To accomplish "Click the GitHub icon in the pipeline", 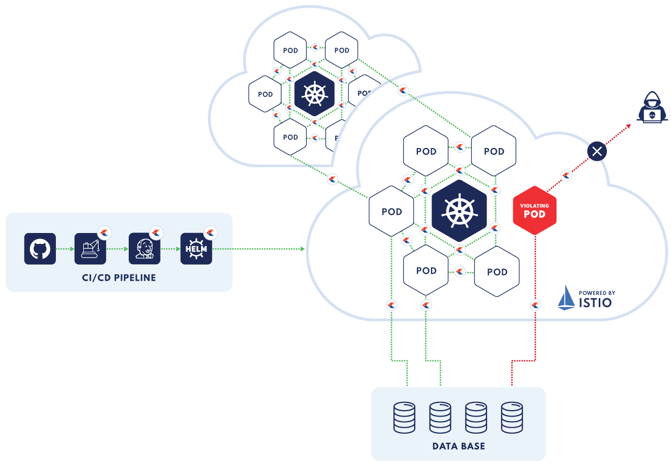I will pyautogui.click(x=40, y=249).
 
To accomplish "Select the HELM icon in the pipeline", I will pyautogui.click(x=196, y=249).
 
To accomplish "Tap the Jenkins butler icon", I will pyautogui.click(x=144, y=249).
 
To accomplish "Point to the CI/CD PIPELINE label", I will pyautogui.click(x=119, y=278).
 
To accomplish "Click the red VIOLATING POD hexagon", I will pyautogui.click(x=535, y=211).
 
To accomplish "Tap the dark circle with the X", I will pyautogui.click(x=597, y=151).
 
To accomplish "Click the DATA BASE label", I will pyautogui.click(x=458, y=446).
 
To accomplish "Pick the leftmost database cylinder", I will pyautogui.click(x=404, y=418).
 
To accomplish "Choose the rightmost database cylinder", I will pyautogui.click(x=512, y=418).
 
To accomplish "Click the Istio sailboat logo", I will pyautogui.click(x=566, y=297).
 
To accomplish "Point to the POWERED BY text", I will pyautogui.click(x=597, y=293).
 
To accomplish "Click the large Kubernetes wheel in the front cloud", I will pyautogui.click(x=459, y=211).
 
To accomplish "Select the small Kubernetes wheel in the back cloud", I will pyautogui.click(x=314, y=94).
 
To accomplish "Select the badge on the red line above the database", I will pyautogui.click(x=535, y=305).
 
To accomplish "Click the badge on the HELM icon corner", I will pyautogui.click(x=210, y=232).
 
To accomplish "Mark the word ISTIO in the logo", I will pyautogui.click(x=595, y=302).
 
